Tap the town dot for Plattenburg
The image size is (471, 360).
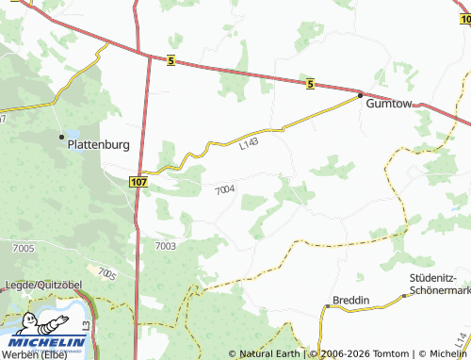[x=63, y=138]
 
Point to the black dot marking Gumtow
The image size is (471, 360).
[x=360, y=94]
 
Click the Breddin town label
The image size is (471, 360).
[x=349, y=300]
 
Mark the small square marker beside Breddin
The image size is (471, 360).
[x=326, y=306]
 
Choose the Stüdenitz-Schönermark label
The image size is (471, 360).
[x=439, y=283]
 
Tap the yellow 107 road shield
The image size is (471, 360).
[x=139, y=180]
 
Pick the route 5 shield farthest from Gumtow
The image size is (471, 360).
[x=170, y=61]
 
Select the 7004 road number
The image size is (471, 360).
[x=224, y=190]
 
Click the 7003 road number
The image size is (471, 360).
[x=165, y=245]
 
